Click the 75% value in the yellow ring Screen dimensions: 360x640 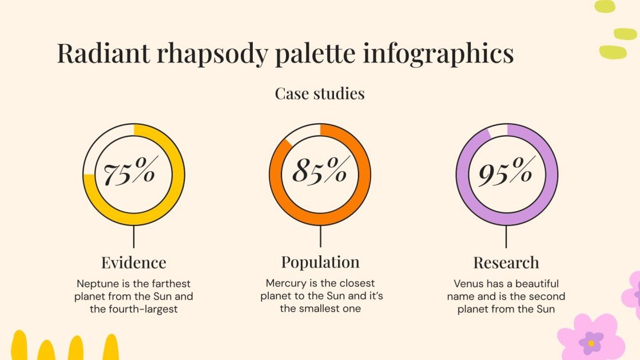tap(129, 172)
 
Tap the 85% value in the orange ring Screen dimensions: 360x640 tap(319, 171)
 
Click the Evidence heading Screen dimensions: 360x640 tap(134, 263)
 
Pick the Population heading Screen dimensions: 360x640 tap(320, 262)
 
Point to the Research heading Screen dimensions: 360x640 tap(506, 263)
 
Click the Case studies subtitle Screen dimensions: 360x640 tap(320, 93)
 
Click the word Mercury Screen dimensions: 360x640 tap(285, 283)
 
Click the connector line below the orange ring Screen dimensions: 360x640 tap(320, 236)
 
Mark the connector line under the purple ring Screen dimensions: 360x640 tap(506, 236)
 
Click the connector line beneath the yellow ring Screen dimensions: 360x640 tap(134, 236)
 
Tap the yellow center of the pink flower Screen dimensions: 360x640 tap(591, 343)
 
